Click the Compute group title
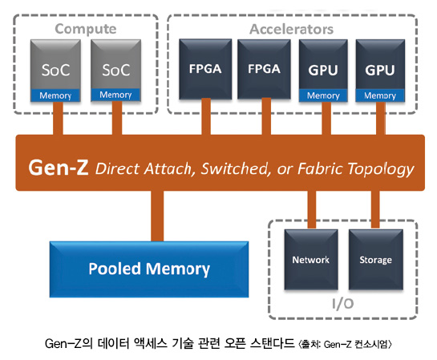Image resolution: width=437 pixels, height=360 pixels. pos(86,29)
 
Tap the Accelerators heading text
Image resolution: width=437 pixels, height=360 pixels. pos(292,29)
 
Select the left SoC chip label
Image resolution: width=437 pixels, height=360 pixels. pos(55,70)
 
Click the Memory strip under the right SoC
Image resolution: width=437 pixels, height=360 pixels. pos(115,95)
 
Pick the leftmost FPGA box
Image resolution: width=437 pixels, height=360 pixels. pos(205,69)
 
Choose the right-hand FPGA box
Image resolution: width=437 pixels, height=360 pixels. pos(264,69)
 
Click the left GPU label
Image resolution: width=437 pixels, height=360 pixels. pos(323,70)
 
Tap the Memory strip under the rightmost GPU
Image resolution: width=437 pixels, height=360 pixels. pos(380,95)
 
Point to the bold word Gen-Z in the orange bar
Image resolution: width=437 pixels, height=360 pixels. pos(59,168)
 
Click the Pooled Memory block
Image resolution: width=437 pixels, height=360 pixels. pos(149,269)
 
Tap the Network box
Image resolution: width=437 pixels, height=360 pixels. pos(311,260)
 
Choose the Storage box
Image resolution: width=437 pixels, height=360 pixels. pos(376,260)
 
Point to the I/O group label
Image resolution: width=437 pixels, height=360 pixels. pos(343,304)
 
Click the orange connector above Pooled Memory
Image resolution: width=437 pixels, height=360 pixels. pos(157,216)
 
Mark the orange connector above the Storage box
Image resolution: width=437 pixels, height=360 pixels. pos(375,209)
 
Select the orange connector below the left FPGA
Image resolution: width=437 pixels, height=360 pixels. pos(206,116)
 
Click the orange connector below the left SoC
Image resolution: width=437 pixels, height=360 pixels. pos(58,119)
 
